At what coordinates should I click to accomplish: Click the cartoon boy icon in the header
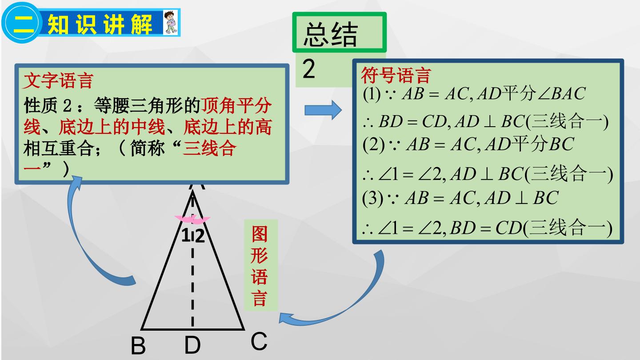[171, 22]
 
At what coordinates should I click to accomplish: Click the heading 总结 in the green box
[331, 35]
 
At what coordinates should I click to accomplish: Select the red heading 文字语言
[58, 80]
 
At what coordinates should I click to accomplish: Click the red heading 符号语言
[396, 76]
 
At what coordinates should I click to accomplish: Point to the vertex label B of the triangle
[138, 346]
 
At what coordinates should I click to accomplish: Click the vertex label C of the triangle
[259, 341]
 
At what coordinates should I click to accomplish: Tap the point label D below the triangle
[192, 345]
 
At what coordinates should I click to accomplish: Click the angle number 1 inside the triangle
[186, 236]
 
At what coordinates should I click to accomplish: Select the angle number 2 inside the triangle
[200, 236]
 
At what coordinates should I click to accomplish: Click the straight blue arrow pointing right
[323, 110]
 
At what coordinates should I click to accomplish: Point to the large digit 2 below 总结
[308, 69]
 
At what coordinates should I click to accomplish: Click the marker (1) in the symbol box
[372, 94]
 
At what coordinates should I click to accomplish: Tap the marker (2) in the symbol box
[373, 144]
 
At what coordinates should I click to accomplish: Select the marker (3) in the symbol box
[373, 198]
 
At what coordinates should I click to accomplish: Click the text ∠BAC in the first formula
[562, 93]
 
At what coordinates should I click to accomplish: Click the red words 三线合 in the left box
[209, 148]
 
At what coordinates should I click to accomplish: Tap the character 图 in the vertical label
[260, 234]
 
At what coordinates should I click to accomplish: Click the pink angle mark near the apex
[192, 220]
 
